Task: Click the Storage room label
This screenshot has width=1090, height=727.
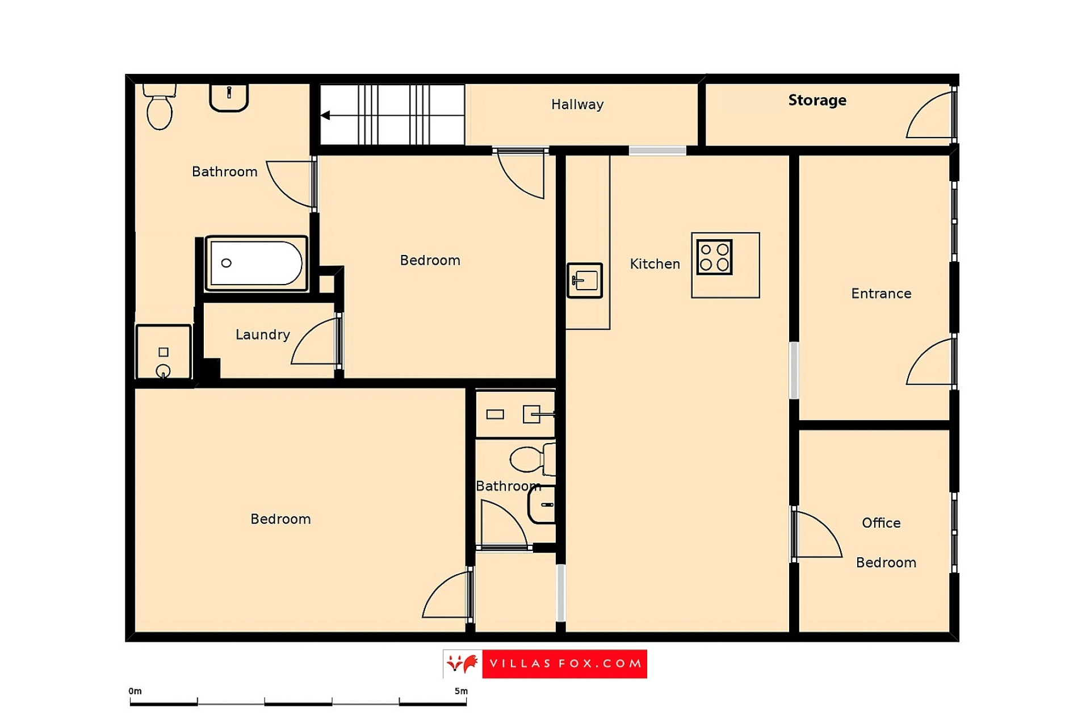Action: coord(817,101)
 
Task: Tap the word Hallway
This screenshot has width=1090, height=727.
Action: coord(577,105)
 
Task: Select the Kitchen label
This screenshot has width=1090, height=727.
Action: coord(655,264)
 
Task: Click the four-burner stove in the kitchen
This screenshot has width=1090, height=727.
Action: coord(714,257)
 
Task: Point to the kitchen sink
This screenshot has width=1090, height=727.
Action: coord(585,280)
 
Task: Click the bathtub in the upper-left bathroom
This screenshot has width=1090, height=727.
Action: coord(256,263)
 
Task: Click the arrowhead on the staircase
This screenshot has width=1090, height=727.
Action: coord(325,115)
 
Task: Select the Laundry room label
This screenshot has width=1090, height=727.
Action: coord(262,335)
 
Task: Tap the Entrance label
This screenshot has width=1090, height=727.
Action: coord(881,294)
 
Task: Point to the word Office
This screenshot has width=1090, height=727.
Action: coord(881,523)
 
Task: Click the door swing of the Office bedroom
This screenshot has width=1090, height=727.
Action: coord(816,534)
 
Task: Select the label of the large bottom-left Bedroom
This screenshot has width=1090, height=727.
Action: coord(280,519)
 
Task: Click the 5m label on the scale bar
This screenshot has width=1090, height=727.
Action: coord(461,691)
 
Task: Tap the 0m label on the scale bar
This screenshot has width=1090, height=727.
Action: coord(135,691)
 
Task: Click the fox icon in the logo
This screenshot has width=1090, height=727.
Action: coord(462,663)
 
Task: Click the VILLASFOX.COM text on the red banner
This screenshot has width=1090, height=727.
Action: coord(565,663)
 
